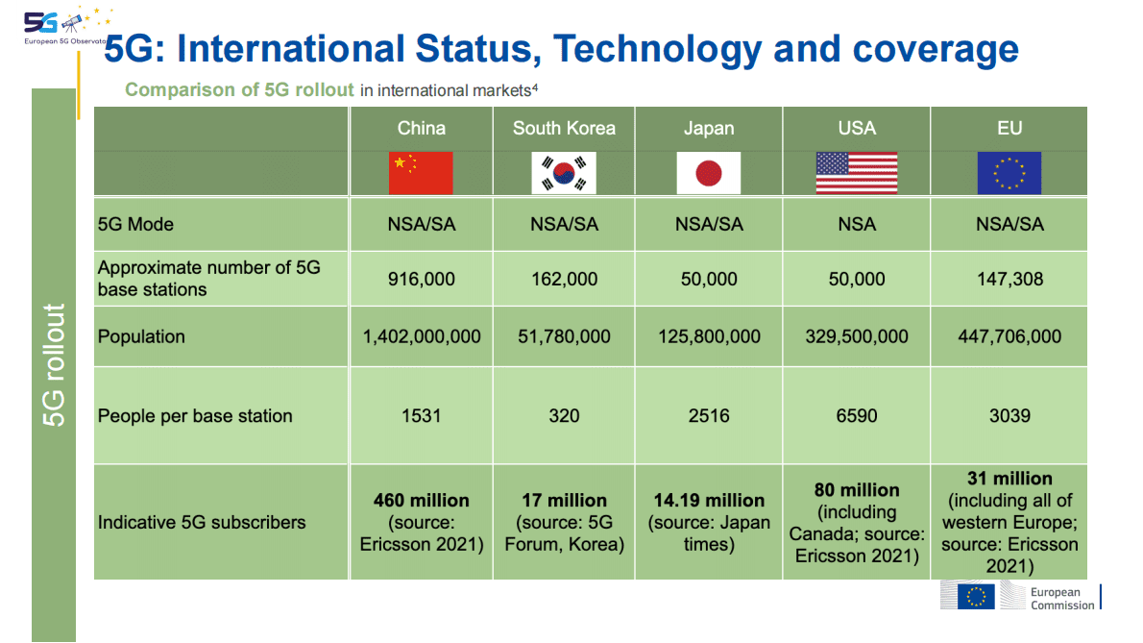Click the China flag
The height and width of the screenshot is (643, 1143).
point(421,174)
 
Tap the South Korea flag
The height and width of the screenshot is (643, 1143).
point(564,174)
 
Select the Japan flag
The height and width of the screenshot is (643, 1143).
point(709,174)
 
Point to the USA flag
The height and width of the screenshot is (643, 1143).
point(857,174)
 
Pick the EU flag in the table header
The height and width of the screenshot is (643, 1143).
point(1009,174)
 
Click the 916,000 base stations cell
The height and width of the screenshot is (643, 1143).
point(421,280)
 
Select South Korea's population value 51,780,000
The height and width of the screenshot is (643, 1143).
point(564,336)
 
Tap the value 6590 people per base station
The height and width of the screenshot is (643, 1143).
point(857,416)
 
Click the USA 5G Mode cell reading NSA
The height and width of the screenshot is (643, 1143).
point(857,224)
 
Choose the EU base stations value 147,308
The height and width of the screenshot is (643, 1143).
point(1009,280)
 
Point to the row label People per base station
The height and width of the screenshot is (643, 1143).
point(195,416)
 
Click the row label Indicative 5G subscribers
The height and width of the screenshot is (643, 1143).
point(202,523)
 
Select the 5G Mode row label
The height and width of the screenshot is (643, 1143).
point(135,224)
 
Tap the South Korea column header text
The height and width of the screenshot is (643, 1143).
point(564,129)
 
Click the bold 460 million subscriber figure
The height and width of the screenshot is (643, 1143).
point(421,501)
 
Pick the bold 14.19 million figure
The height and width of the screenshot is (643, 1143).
point(709,501)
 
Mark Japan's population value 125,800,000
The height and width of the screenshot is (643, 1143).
point(709,336)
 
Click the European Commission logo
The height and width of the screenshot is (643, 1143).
point(1020,597)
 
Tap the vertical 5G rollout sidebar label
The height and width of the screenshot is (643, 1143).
point(55,365)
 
